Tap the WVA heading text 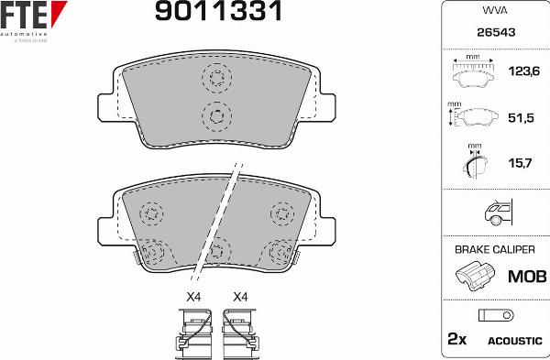(x=494, y=11)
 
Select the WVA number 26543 (x=494, y=32)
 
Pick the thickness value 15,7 (x=520, y=164)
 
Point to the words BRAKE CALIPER (x=494, y=249)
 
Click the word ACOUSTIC (x=514, y=340)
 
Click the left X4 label (x=193, y=296)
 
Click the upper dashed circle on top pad (x=216, y=78)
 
